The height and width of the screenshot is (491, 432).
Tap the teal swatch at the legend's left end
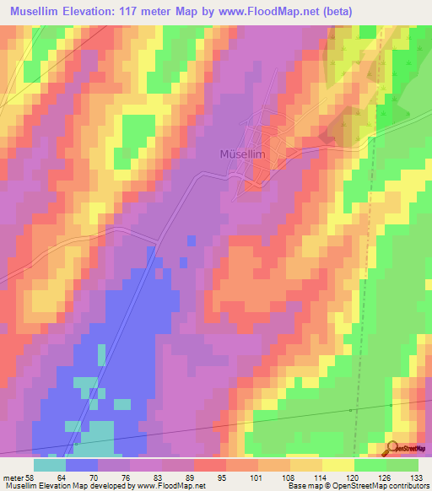50,466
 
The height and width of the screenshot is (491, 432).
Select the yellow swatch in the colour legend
337,466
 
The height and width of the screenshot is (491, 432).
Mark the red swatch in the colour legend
209,466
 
